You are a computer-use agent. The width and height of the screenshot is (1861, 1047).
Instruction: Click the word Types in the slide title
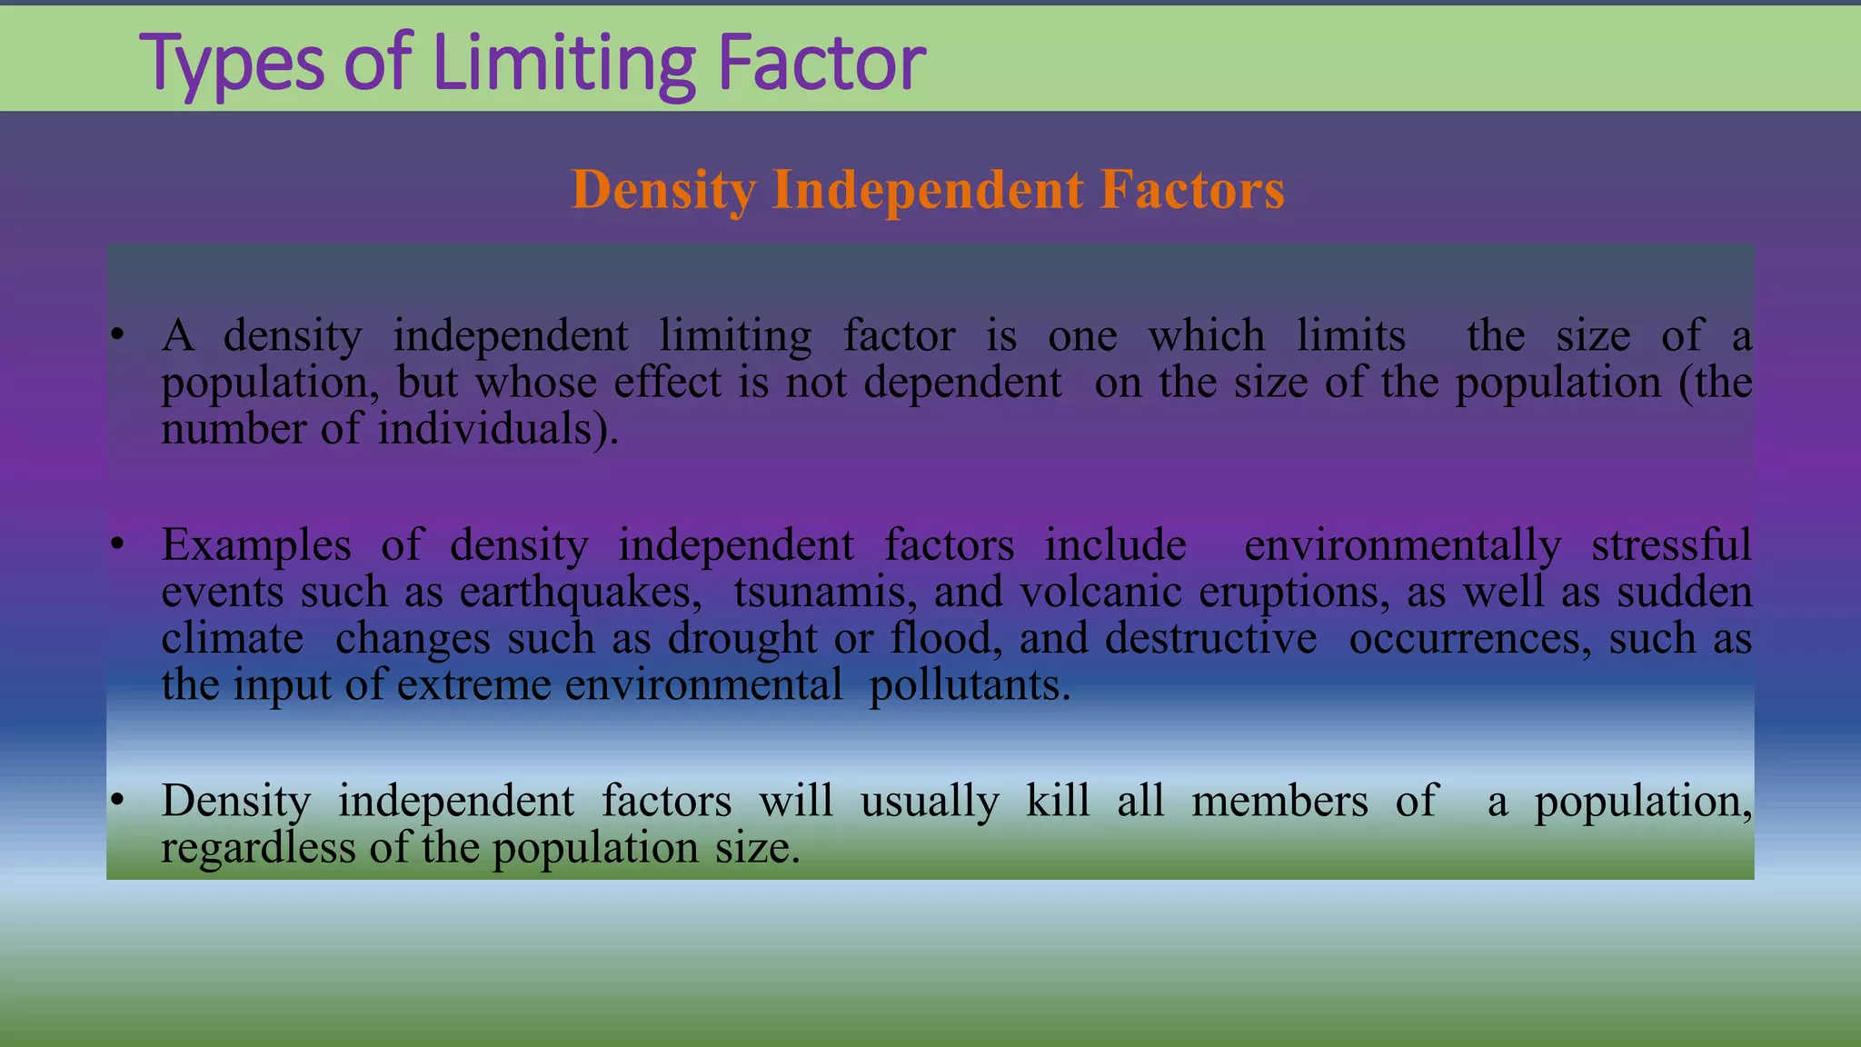tap(232, 64)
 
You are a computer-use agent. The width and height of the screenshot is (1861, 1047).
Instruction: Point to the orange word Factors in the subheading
tap(1192, 190)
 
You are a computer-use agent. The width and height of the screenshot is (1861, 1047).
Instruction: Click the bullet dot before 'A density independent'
tap(116, 336)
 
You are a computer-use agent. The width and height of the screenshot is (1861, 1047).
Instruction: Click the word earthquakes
tap(581, 593)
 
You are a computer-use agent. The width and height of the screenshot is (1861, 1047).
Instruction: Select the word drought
tap(742, 639)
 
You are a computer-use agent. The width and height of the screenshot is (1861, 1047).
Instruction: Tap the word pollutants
tap(970, 685)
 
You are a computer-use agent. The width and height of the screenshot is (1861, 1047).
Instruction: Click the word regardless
tap(258, 848)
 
